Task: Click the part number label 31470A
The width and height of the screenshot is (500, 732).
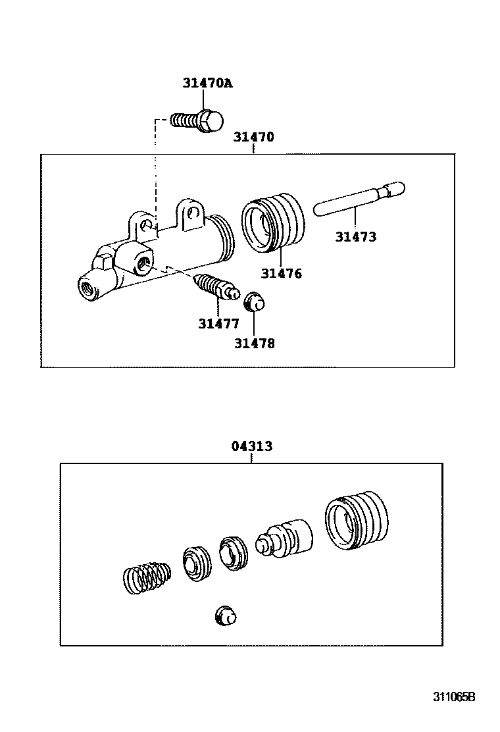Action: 208,84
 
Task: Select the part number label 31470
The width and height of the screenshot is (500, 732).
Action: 253,138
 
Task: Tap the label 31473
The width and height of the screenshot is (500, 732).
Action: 355,237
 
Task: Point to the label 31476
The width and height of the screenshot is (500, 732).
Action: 281,273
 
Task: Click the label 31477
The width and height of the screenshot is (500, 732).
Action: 218,323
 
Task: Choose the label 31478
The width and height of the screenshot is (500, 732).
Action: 254,343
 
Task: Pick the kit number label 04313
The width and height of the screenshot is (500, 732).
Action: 251,446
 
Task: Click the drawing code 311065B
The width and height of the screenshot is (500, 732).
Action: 453,696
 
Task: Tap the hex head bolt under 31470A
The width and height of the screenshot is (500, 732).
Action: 197,120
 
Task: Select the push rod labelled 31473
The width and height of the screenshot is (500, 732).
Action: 359,198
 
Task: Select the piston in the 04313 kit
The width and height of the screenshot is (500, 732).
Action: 286,538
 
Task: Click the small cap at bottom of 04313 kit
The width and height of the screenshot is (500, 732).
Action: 225,616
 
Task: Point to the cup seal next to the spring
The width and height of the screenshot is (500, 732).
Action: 197,563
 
